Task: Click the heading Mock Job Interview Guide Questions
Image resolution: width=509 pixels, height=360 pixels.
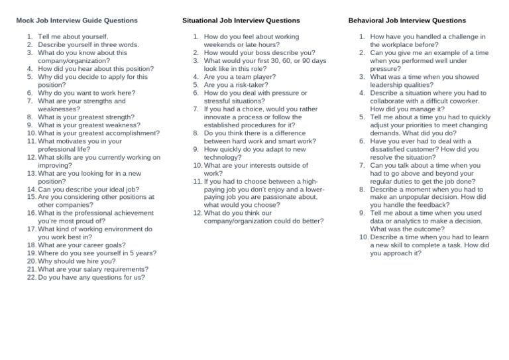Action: click(77, 21)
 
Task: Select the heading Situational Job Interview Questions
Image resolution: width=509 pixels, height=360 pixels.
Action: click(241, 21)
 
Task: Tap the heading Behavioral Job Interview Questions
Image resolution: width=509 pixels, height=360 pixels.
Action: click(407, 21)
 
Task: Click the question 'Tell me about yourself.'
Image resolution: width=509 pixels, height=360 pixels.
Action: click(73, 36)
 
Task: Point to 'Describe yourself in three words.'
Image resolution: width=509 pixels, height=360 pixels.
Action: click(88, 44)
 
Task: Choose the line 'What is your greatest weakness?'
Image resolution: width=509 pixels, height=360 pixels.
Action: click(89, 125)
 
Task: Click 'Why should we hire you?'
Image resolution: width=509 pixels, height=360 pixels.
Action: click(76, 261)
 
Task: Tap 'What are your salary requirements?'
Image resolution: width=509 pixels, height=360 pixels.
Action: click(93, 269)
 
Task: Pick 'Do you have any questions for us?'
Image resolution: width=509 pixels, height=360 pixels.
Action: click(91, 277)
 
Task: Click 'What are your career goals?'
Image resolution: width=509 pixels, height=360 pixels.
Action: click(82, 245)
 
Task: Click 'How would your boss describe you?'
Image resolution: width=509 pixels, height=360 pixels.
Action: click(259, 52)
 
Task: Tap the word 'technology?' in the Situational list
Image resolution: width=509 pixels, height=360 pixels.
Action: click(223, 157)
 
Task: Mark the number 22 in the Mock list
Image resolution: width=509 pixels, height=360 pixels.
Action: click(31, 277)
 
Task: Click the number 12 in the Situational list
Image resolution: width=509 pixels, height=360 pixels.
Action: click(197, 213)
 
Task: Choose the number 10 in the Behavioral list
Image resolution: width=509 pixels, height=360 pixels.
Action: click(363, 237)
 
